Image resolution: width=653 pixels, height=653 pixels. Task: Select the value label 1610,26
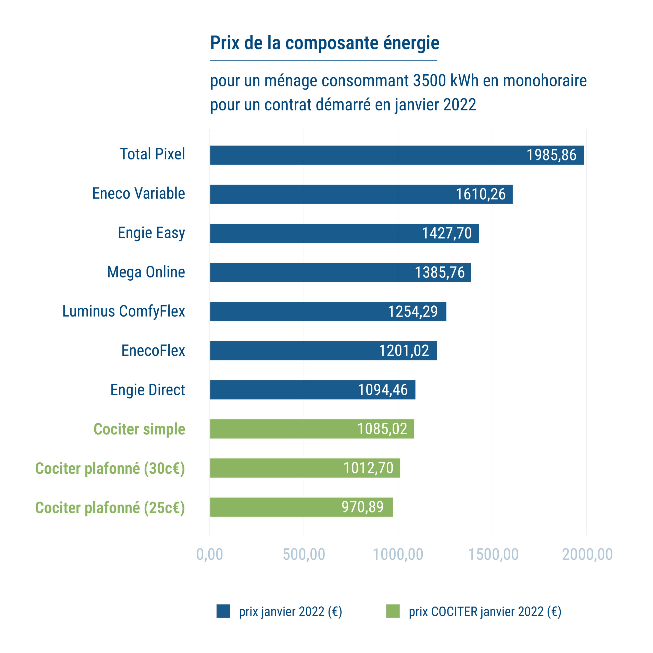(481, 194)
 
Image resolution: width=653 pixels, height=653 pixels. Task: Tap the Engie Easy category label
(152, 233)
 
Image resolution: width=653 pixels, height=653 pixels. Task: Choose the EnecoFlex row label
(153, 350)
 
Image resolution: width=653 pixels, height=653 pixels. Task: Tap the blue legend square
(223, 611)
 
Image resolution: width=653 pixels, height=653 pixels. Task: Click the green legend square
(393, 611)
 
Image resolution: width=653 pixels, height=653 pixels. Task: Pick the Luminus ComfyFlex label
(124, 311)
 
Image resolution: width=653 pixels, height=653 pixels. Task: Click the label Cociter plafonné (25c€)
(110, 508)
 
